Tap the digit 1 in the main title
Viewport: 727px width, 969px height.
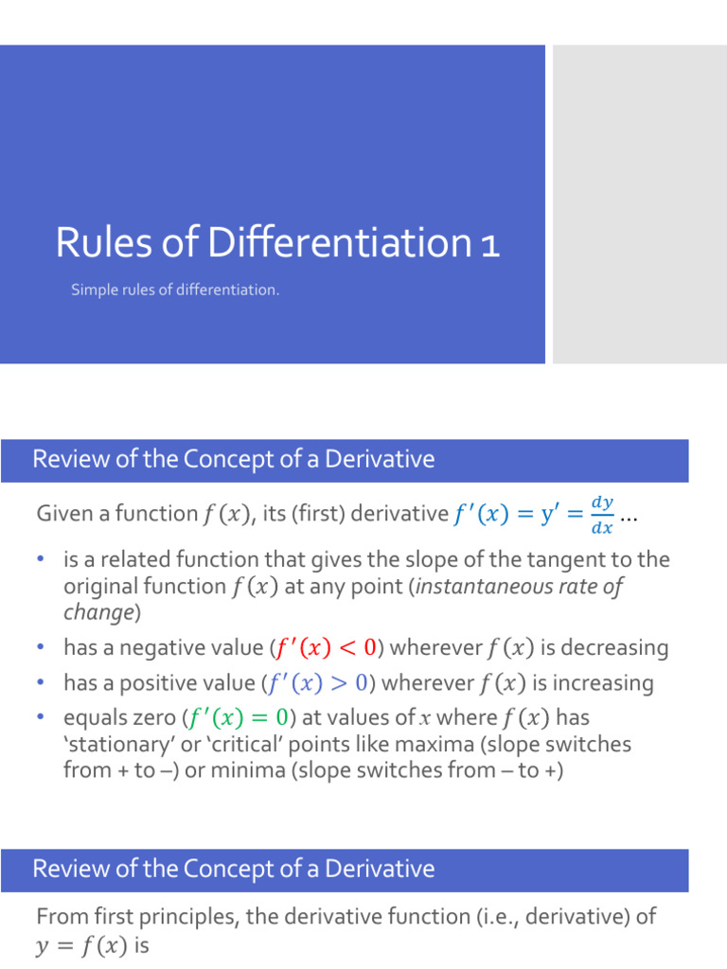point(489,244)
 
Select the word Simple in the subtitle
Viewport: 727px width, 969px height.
point(93,290)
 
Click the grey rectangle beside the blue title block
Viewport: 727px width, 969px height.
point(639,204)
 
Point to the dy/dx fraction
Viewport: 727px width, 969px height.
point(601,515)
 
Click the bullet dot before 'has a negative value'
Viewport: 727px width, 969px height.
point(41,648)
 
